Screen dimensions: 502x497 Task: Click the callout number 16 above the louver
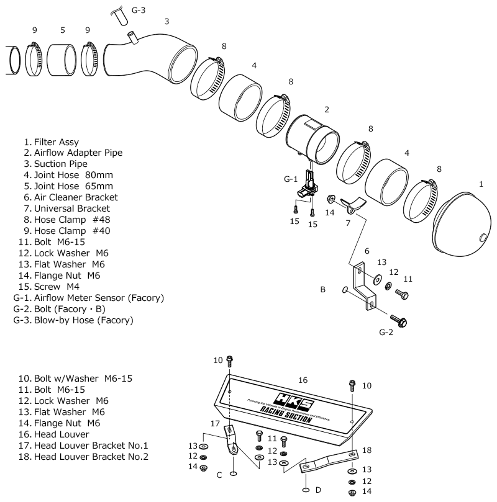(x=303, y=379)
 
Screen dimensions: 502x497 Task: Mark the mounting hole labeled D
(x=305, y=489)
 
